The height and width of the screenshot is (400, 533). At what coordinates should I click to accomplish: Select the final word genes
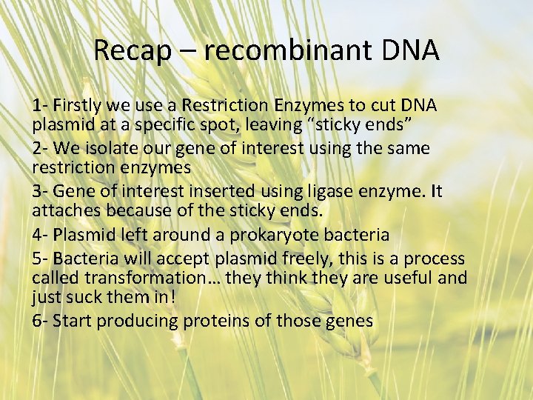click(x=349, y=321)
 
